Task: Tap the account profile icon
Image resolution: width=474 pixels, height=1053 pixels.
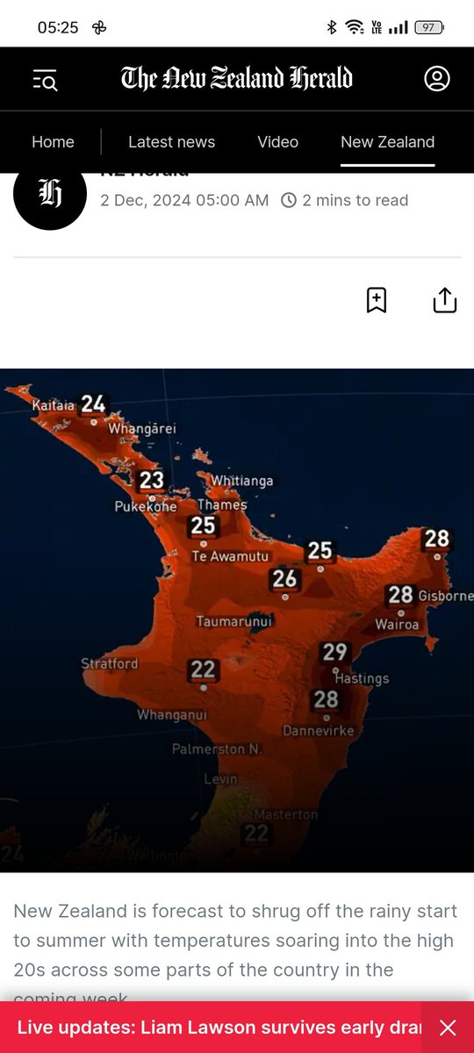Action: point(436,78)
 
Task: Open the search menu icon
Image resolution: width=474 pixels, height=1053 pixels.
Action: point(45,81)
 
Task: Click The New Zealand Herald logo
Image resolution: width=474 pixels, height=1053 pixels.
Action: point(236,78)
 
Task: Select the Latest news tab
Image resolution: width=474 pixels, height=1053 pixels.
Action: point(171,142)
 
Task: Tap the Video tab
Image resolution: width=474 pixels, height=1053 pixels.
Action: point(277,142)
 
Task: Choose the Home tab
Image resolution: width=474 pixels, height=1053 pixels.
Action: point(53,142)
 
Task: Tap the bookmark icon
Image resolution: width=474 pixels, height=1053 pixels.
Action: point(376,300)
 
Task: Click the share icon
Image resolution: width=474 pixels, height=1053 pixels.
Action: point(445,300)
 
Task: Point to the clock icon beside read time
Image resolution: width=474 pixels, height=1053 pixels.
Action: point(288,201)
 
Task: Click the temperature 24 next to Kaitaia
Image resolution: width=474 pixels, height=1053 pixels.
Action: point(93,404)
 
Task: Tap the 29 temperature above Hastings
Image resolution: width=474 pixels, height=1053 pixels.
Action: point(334,652)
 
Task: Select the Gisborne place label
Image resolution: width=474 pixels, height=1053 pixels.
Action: point(445,597)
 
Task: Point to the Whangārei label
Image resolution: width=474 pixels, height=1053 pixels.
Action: point(142,429)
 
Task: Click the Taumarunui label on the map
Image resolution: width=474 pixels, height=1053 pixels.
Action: point(235,621)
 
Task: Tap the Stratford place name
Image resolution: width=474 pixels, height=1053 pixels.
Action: point(110,664)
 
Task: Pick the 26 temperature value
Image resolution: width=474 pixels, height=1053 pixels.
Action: point(284,579)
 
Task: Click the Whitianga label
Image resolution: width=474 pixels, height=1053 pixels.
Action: point(241,481)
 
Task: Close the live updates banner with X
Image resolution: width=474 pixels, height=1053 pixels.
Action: point(448,1028)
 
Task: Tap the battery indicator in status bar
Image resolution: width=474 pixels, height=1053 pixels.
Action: point(428,27)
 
